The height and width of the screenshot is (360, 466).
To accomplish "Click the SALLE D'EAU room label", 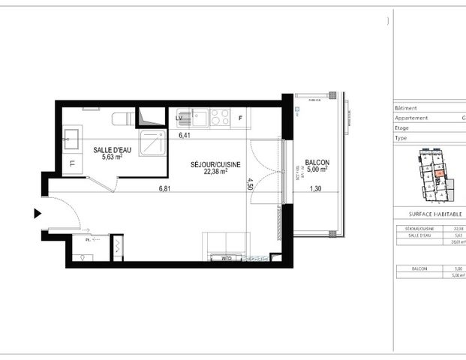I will pos(113,150).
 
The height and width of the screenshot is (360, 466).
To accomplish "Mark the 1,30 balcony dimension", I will pos(317,189).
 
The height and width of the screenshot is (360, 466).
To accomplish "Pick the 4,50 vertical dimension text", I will pos(251,184).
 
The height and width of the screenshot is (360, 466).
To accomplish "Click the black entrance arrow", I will pos(37,214).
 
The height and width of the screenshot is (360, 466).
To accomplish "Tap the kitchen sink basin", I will pos(200,118).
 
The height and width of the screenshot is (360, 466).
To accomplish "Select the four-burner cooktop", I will pos(220,117).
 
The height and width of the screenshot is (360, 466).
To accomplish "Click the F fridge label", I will pos(241,118).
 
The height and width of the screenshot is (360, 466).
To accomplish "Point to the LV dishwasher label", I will pos(180,118).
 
